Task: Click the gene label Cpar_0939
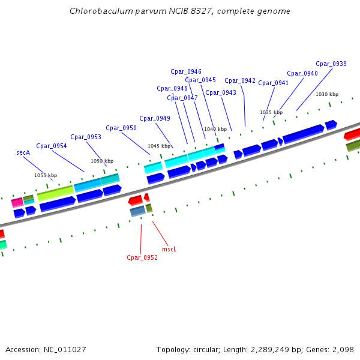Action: point(331,64)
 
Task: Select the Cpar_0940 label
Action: point(302,73)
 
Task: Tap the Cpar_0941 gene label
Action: point(274,83)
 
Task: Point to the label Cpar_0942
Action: point(240,80)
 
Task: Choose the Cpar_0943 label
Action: point(221,92)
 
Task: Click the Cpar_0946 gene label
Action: point(186,71)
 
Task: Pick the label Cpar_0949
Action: point(155,118)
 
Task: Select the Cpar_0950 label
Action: point(121,128)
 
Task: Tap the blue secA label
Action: point(23,153)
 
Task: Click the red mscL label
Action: point(170,248)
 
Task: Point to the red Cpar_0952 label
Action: point(142,257)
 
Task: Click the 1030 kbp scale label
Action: point(327,94)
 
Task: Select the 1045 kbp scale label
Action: point(159,146)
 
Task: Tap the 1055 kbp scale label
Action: point(44,175)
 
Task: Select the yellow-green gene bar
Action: point(55,193)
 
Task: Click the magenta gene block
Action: point(17,202)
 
